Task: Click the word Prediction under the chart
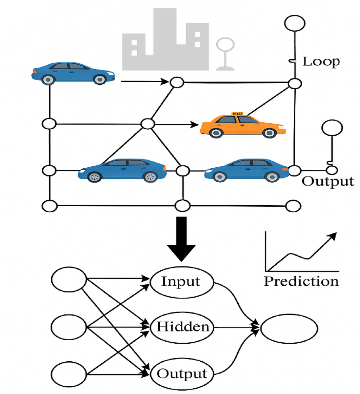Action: (x=301, y=281)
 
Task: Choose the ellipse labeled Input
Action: (x=182, y=282)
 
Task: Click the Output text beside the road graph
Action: (x=328, y=181)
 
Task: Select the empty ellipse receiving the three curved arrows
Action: (x=289, y=328)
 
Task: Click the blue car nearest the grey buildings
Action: (x=73, y=73)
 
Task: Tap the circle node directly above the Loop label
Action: (x=294, y=24)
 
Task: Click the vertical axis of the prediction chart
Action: (x=266, y=251)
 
